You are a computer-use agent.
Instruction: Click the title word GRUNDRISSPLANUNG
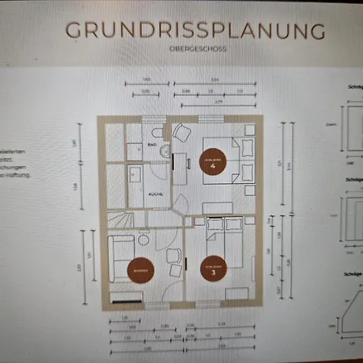(x=195, y=31)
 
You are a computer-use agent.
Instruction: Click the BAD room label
(x=150, y=145)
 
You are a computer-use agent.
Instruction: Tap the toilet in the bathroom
(x=154, y=132)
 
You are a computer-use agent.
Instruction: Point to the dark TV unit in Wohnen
(x=128, y=301)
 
